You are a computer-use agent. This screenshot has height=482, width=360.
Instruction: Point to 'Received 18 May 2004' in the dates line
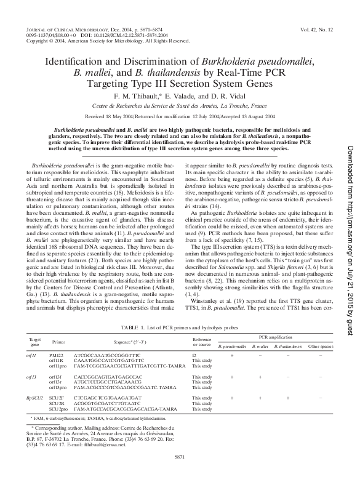coord(109,116)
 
